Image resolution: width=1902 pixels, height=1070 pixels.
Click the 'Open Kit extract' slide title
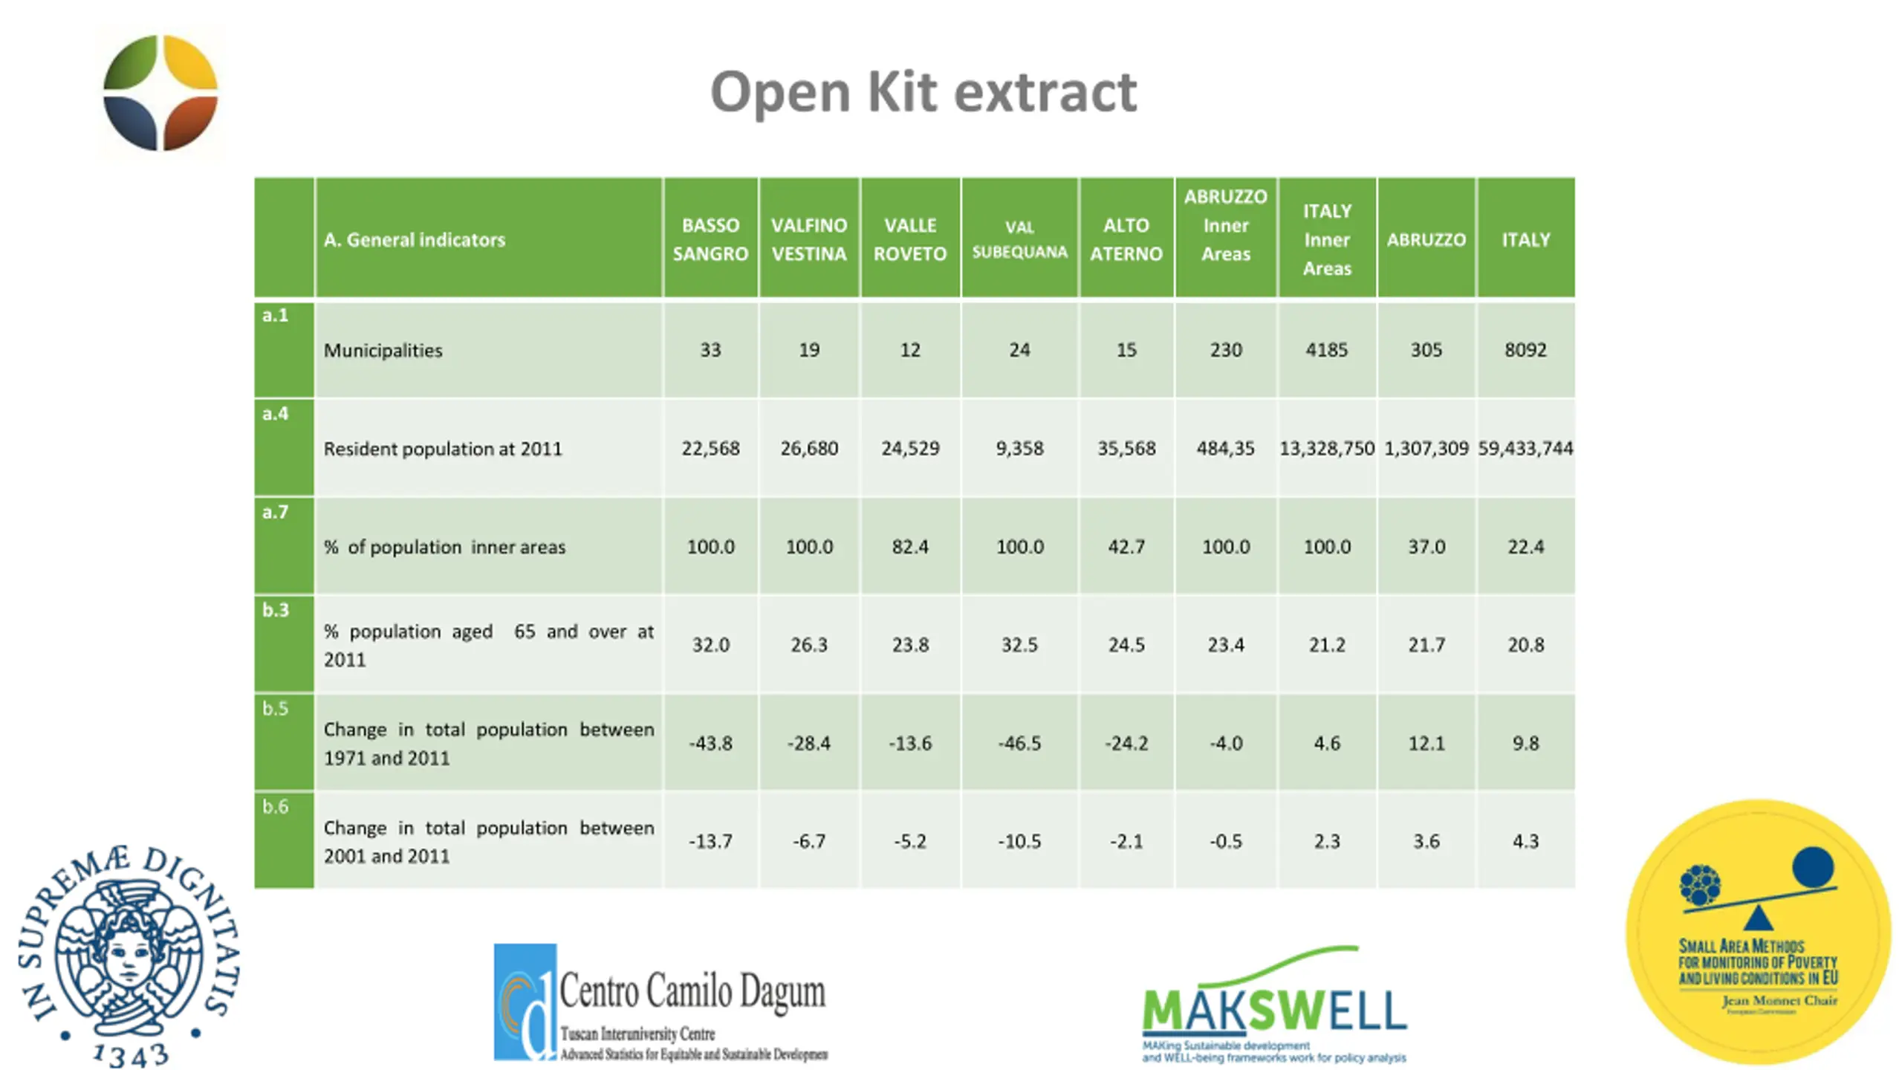tap(924, 92)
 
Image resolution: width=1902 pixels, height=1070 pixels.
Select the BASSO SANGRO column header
tap(710, 239)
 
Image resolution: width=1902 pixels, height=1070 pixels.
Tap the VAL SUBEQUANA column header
tap(1019, 239)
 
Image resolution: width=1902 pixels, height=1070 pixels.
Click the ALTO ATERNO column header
tap(1126, 239)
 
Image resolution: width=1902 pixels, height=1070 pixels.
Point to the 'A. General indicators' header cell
tap(415, 240)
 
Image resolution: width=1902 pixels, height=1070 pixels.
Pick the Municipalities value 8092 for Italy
tap(1525, 350)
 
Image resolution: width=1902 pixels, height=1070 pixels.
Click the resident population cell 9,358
tap(1019, 448)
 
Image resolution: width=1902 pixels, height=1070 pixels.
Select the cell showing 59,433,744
tap(1525, 448)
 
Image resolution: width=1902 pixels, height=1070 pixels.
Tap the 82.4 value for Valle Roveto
tap(910, 547)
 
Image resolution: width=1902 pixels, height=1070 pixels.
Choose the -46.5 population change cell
tap(1019, 743)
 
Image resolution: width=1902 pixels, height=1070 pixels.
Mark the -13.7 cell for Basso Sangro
tap(710, 841)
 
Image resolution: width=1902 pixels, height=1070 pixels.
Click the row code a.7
tap(275, 512)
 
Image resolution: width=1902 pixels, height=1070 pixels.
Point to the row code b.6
tap(275, 807)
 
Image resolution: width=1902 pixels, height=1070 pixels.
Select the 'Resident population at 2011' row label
tap(443, 449)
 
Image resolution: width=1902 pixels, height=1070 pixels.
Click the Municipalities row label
tap(383, 351)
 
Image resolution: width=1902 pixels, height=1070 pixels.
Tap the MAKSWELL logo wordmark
tap(1273, 1009)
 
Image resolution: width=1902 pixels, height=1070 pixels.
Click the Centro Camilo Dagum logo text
tap(692, 991)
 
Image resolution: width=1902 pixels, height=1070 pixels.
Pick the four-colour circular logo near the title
tap(160, 93)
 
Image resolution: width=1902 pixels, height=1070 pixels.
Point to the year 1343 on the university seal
tap(131, 1054)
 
